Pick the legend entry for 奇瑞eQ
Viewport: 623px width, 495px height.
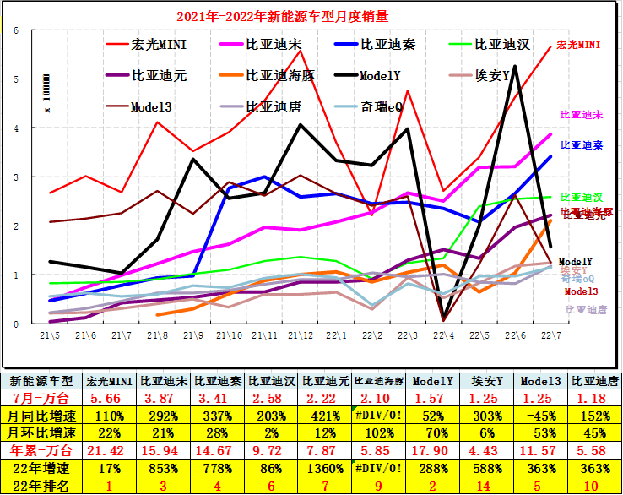coord(384,107)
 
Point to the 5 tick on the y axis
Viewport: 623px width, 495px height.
coord(16,79)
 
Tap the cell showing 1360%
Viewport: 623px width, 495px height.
coord(326,467)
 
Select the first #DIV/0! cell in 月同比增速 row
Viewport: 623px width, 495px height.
coord(378,415)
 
